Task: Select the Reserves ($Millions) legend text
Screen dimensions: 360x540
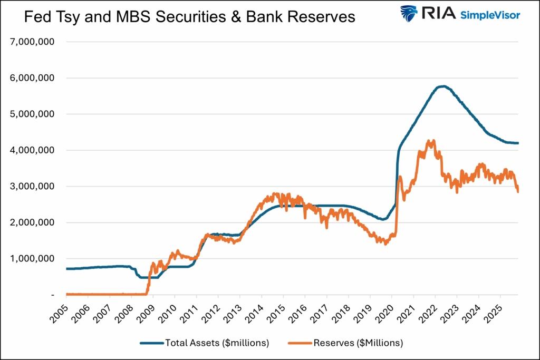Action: coord(358,343)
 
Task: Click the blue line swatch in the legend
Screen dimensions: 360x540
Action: coord(151,343)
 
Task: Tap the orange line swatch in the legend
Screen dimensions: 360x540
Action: coord(299,343)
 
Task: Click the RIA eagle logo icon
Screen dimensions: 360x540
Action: coord(408,13)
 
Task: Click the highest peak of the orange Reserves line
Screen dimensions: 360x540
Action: coord(433,140)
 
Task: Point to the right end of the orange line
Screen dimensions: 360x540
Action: coord(518,191)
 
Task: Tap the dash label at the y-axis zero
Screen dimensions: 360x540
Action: coord(52,295)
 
